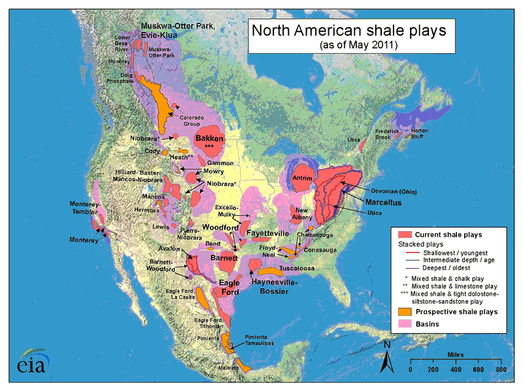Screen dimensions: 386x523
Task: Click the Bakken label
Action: click(x=210, y=139)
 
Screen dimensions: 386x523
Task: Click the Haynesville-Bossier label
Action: click(x=275, y=286)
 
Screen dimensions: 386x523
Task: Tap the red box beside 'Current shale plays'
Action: click(x=403, y=234)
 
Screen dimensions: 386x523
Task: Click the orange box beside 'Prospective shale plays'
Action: click(x=403, y=312)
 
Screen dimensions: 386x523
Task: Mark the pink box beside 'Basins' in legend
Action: click(x=403, y=325)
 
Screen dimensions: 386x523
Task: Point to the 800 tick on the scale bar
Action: click(x=501, y=370)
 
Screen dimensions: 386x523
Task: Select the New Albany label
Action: click(x=301, y=215)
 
